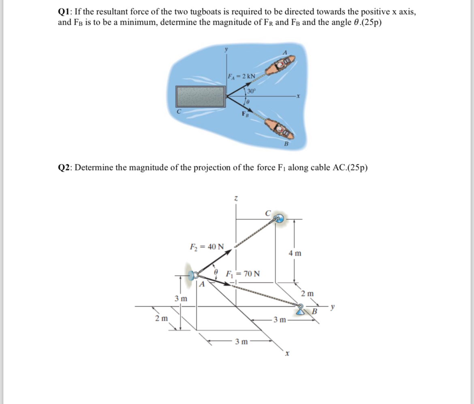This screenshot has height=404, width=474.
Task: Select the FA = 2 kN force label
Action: (x=241, y=76)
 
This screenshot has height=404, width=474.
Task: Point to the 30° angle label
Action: (x=252, y=90)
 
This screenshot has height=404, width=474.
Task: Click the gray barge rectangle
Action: (x=200, y=96)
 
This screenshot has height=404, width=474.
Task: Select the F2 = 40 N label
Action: (x=207, y=246)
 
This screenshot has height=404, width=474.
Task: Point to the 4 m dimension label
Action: (x=295, y=253)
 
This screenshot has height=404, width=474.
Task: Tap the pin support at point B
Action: (x=302, y=310)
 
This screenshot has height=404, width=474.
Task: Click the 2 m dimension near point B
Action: (x=307, y=293)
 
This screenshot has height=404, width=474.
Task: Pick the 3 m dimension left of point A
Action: (x=181, y=299)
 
